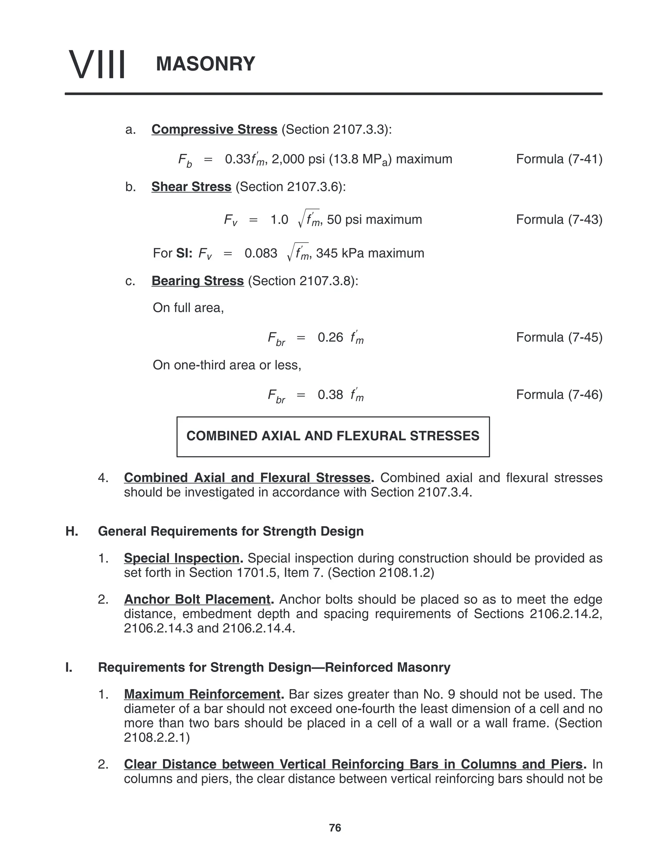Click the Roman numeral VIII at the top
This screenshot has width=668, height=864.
pyautogui.click(x=97, y=64)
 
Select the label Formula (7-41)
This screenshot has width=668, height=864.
pyautogui.click(x=559, y=159)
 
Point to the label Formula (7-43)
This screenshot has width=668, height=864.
pyautogui.click(x=559, y=219)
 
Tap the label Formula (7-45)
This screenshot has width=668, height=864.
pyautogui.click(x=559, y=337)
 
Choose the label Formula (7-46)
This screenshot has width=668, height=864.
pyautogui.click(x=559, y=395)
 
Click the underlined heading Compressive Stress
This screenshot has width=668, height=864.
pyautogui.click(x=214, y=129)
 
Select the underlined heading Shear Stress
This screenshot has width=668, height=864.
pyautogui.click(x=191, y=187)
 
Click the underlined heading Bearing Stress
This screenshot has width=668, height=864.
pyautogui.click(x=197, y=280)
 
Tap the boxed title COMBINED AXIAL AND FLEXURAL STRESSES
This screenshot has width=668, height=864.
pyautogui.click(x=333, y=436)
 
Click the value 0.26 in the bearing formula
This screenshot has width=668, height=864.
pyautogui.click(x=330, y=337)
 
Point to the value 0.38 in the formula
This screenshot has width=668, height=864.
pyautogui.click(x=330, y=395)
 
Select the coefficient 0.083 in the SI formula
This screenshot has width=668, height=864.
pyautogui.click(x=261, y=253)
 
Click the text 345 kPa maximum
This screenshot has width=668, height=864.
pyautogui.click(x=370, y=253)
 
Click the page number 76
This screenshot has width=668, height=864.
pyautogui.click(x=335, y=827)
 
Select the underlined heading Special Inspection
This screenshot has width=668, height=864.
pyautogui.click(x=182, y=558)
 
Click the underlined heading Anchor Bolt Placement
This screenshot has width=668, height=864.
pyautogui.click(x=197, y=599)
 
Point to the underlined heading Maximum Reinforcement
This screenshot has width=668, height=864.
pyautogui.click(x=202, y=694)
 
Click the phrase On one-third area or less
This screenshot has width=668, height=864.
pyautogui.click(x=227, y=365)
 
